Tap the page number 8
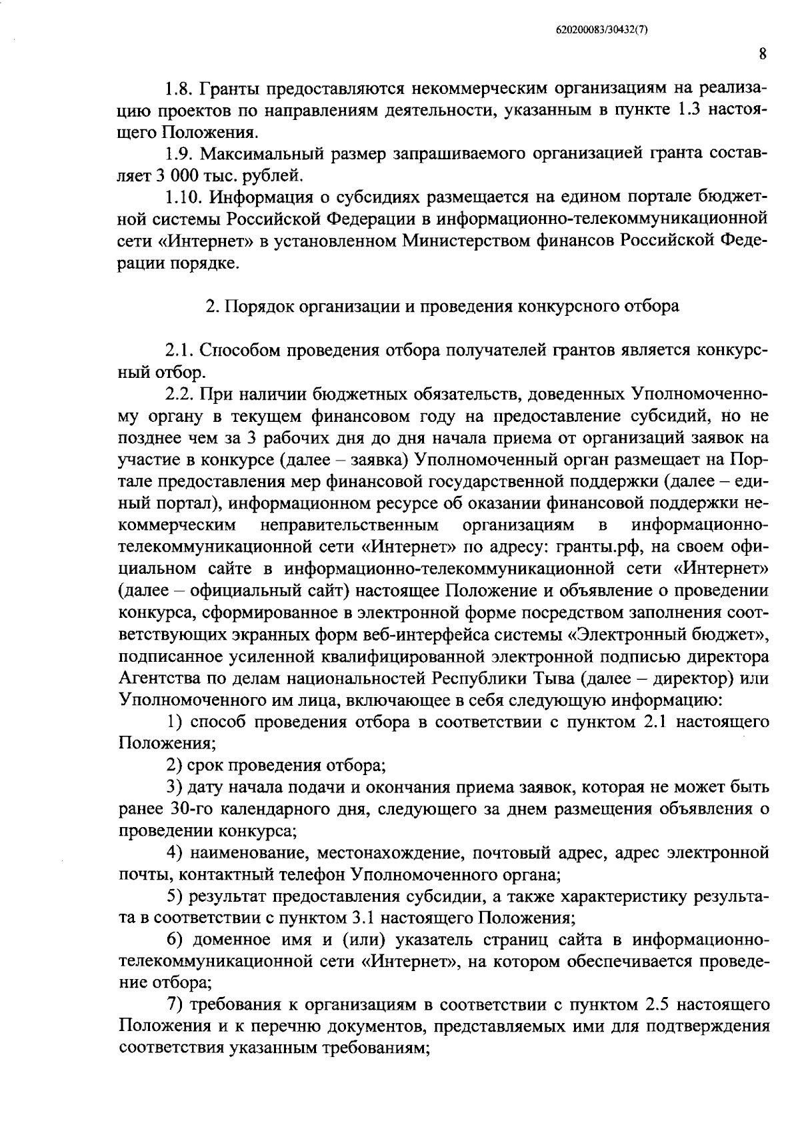tap(763, 55)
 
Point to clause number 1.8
tap(178, 89)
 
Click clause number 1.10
tap(184, 198)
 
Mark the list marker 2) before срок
tap(175, 765)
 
